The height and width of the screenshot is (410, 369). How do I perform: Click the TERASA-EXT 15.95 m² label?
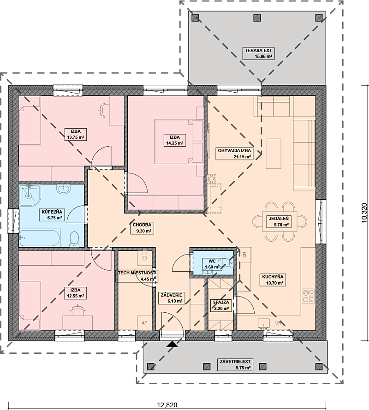(258, 53)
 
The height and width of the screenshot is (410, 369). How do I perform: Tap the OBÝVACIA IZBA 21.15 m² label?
(234, 154)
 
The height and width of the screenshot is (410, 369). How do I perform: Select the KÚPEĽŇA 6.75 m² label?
(52, 214)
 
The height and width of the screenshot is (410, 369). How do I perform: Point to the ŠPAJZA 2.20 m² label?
(221, 305)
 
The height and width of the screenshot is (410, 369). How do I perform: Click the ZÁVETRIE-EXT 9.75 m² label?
(235, 364)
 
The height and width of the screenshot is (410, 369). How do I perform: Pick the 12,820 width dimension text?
(167, 405)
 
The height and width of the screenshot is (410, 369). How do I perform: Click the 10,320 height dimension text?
(364, 213)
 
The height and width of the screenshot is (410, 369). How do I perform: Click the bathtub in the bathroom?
(40, 238)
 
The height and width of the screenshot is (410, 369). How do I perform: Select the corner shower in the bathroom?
(30, 194)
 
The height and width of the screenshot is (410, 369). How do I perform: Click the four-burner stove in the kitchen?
(308, 296)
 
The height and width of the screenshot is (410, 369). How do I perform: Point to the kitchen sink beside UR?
(263, 323)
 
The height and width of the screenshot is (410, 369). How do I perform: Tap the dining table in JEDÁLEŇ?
(280, 221)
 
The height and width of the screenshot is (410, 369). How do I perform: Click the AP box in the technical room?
(145, 323)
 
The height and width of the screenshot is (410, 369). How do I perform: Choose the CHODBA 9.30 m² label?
(142, 228)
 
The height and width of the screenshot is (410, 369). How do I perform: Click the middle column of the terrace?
(257, 18)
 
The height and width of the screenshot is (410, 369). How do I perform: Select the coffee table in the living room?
(274, 154)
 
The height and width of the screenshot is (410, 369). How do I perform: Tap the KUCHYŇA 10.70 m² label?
(273, 279)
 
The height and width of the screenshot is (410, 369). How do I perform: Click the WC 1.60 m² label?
(212, 264)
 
